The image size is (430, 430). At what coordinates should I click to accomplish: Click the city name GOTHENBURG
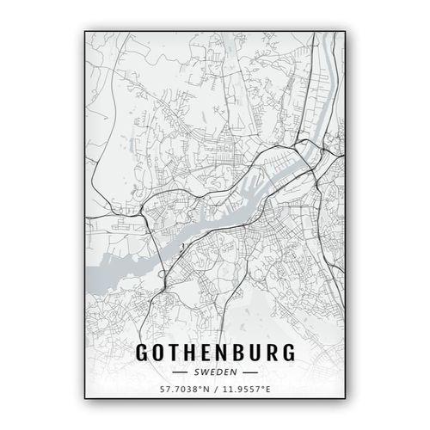pyautogui.click(x=214, y=353)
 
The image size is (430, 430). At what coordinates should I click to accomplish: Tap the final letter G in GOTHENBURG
pyautogui.click(x=286, y=353)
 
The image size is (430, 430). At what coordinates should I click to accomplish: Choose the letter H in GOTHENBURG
pyautogui.click(x=191, y=353)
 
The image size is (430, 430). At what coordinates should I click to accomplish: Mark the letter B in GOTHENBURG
pyautogui.click(x=238, y=353)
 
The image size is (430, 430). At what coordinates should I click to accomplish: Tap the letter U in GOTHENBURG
pyautogui.click(x=255, y=353)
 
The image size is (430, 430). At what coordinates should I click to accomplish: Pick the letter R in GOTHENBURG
pyautogui.click(x=270, y=353)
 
